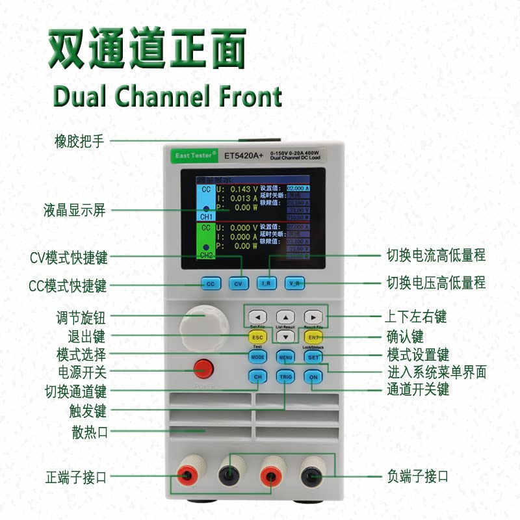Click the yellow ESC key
pos(257,337)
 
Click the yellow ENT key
pos(313,337)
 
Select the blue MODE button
pos(257,357)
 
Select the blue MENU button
pos(285,357)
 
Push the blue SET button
pos(313,357)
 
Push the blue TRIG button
pos(285,376)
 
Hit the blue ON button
pos(313,376)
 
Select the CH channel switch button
pos(257,376)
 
